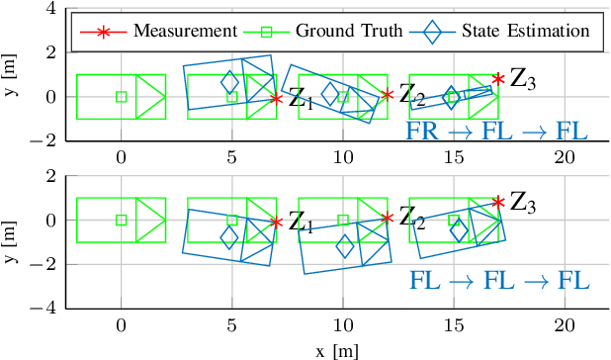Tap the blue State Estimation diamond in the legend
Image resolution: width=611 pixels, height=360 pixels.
[x=432, y=30]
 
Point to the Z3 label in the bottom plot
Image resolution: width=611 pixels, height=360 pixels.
[x=522, y=205]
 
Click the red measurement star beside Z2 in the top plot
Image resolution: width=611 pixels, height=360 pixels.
[x=388, y=95]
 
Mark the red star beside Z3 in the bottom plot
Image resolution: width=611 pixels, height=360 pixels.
[x=498, y=202]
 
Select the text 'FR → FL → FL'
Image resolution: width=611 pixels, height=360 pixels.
[x=497, y=132]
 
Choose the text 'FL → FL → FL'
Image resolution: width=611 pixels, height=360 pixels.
[x=498, y=281]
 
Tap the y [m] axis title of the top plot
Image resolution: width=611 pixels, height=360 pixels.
[x=10, y=74]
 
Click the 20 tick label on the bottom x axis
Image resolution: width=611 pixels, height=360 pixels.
[x=564, y=326]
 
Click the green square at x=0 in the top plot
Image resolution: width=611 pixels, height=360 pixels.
[x=121, y=97]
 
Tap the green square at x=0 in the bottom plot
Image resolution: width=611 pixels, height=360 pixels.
[x=121, y=221]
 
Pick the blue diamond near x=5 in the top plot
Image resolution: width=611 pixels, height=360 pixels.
[x=229, y=82]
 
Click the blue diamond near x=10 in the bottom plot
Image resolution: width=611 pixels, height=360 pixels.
[x=345, y=247]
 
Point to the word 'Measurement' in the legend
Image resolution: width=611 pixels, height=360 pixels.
[x=162, y=30]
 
